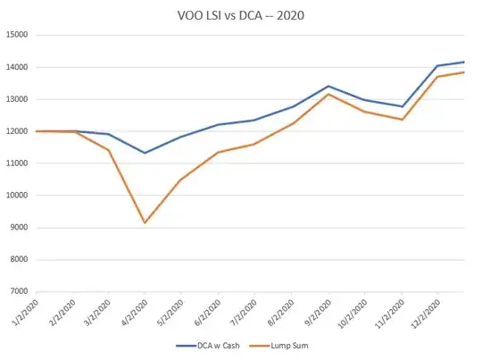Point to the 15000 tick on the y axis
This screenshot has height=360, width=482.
click(17, 35)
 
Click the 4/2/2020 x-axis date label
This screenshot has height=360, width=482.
click(131, 309)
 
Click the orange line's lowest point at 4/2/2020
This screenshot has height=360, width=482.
click(145, 222)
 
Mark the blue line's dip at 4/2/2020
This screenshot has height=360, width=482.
click(145, 153)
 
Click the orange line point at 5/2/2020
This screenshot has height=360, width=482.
click(181, 180)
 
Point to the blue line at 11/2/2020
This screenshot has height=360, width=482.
click(401, 106)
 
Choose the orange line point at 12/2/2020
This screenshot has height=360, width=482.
click(437, 77)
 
